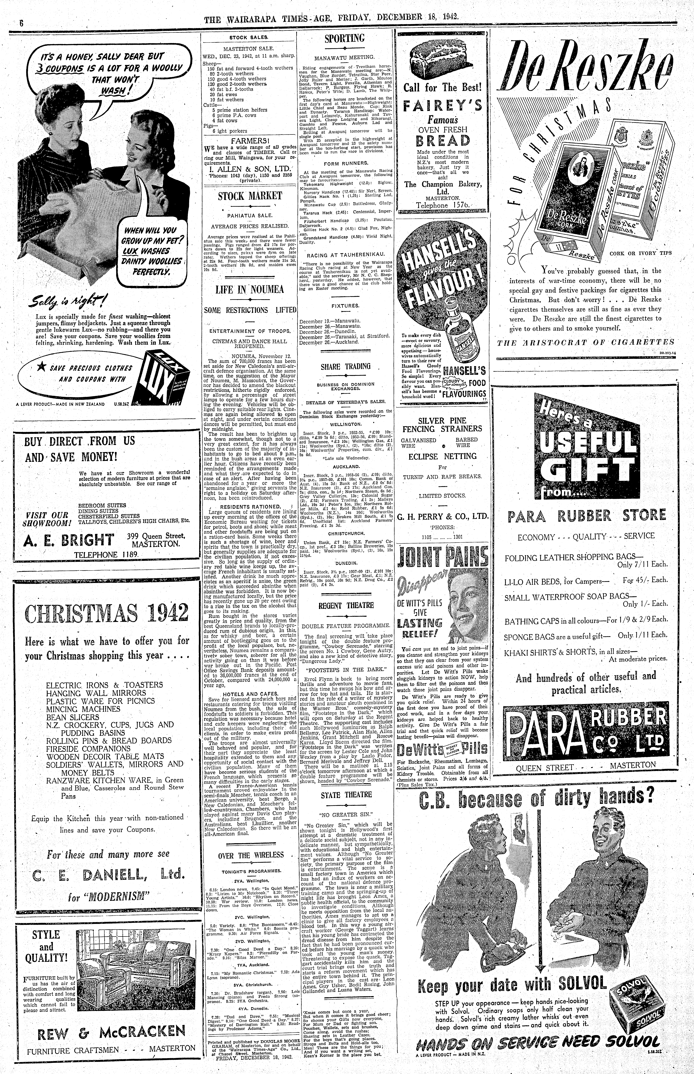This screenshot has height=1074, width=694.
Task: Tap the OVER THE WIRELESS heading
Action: [251, 855]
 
